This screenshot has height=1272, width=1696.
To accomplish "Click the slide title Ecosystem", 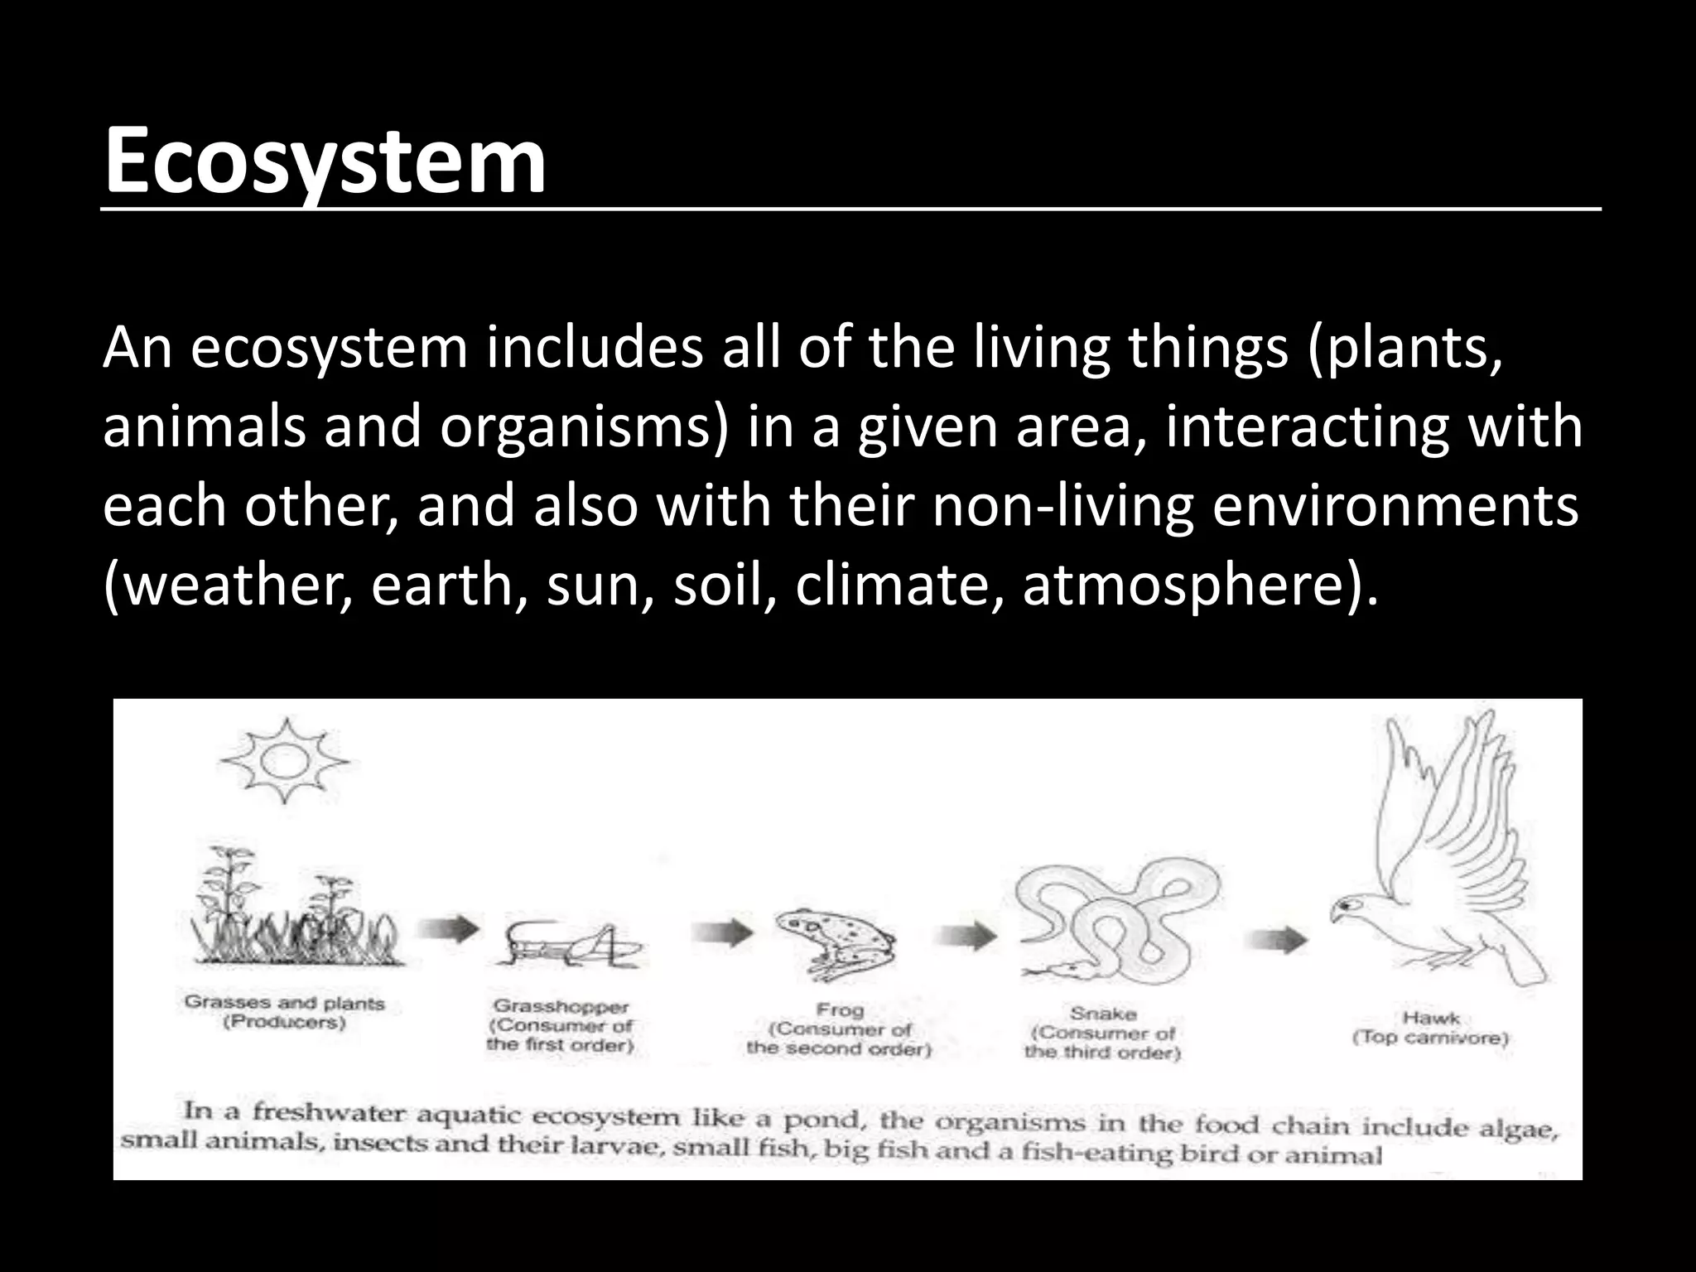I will [x=325, y=159].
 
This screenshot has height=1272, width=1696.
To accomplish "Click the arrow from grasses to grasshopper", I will [x=447, y=927].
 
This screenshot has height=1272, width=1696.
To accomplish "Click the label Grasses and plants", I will [x=285, y=1003].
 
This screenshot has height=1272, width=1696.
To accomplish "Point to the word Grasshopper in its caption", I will [x=561, y=1007].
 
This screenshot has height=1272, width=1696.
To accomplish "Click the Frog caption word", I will [x=840, y=1010].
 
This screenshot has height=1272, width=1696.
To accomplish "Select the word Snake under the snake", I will [x=1103, y=1014].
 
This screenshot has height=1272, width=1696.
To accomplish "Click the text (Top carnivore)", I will [x=1431, y=1038].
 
